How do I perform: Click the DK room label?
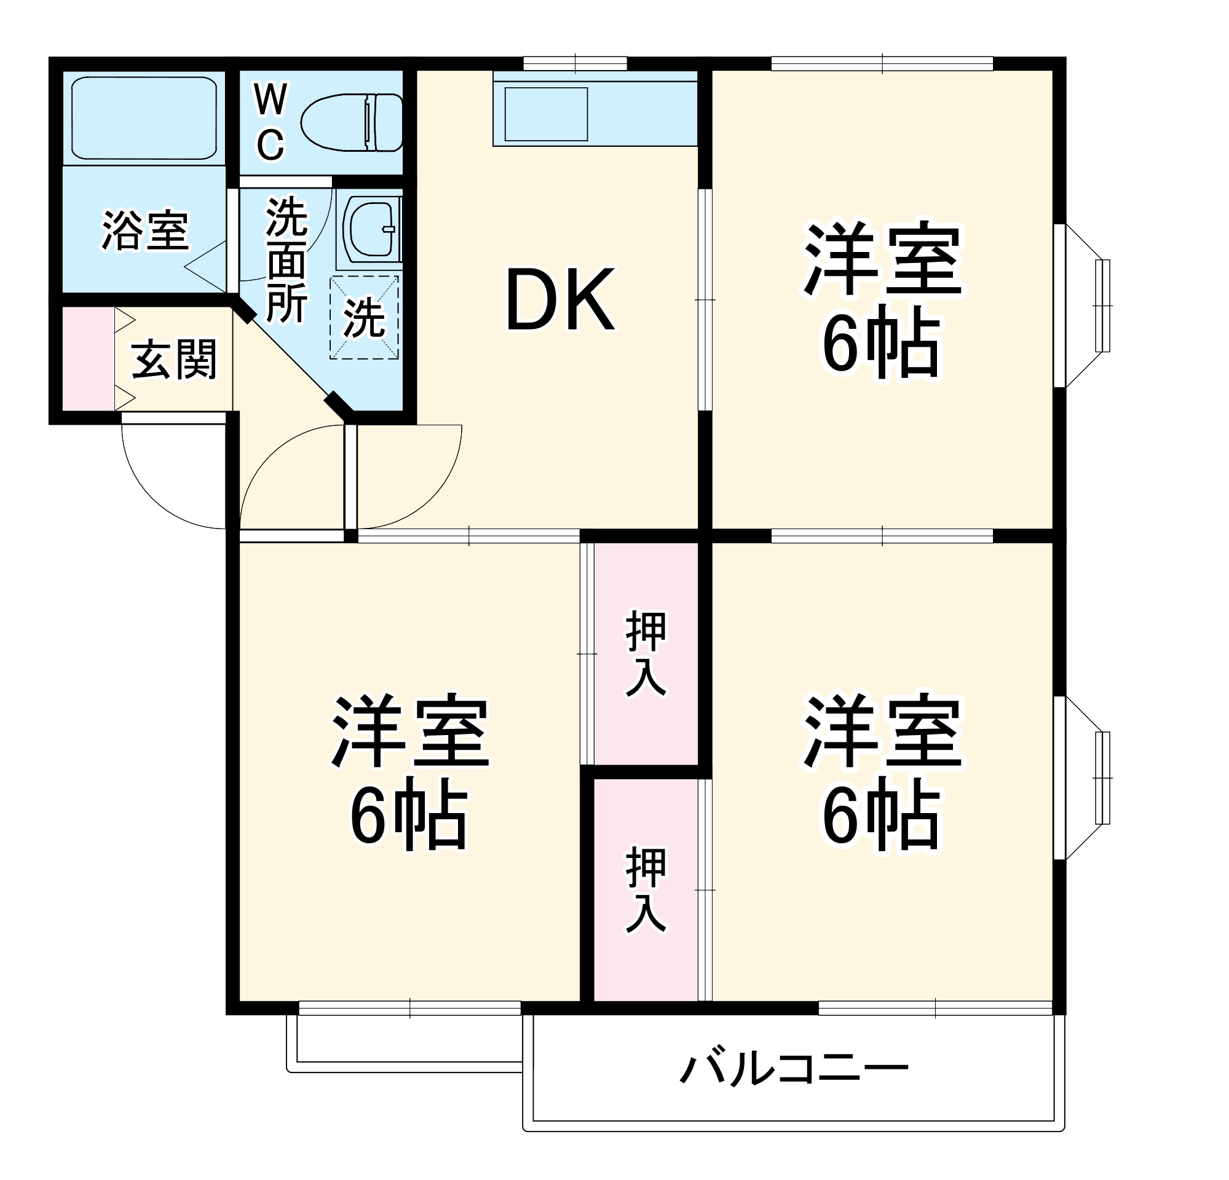pos(560,299)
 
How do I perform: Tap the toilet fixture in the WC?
pos(351,122)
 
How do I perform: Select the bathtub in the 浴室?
pos(144,117)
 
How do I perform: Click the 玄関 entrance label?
pos(174,359)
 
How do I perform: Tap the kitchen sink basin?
pos(546,114)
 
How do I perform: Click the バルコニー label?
pos(794,1069)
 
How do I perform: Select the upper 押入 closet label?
pos(646,653)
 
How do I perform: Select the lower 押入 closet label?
pos(646,889)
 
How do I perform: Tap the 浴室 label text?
pos(145,230)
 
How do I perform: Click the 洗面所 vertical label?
pos(287,260)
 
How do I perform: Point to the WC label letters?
pos(271,122)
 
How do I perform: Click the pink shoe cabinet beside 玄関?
pos(89,359)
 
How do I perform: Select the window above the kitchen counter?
pos(575,63)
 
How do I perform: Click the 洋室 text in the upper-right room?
pos(882,258)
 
